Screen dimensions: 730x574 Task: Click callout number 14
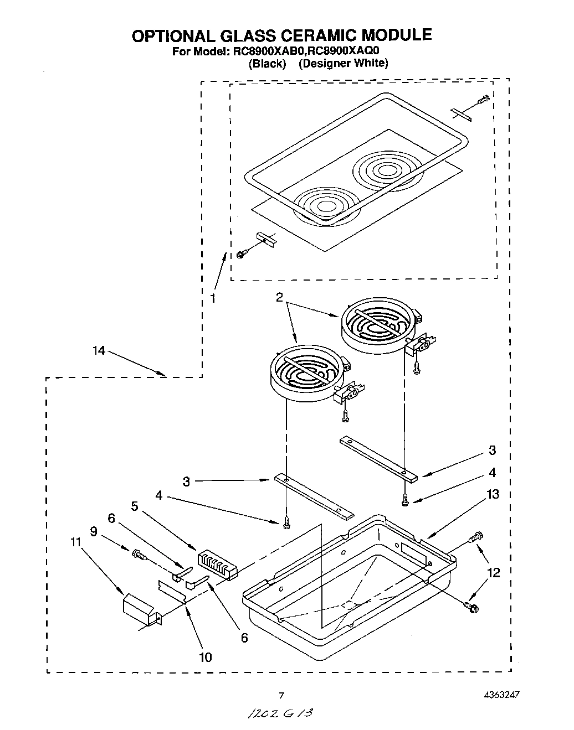(99, 351)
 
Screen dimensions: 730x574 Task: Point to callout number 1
(213, 299)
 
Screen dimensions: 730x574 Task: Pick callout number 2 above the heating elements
(280, 298)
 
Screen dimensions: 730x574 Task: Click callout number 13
(492, 494)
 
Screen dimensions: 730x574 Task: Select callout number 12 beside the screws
(493, 573)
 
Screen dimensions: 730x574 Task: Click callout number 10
(205, 657)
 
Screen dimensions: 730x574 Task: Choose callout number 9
(94, 531)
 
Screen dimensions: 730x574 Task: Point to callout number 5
(135, 505)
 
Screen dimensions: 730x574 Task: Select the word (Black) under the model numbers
(268, 63)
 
